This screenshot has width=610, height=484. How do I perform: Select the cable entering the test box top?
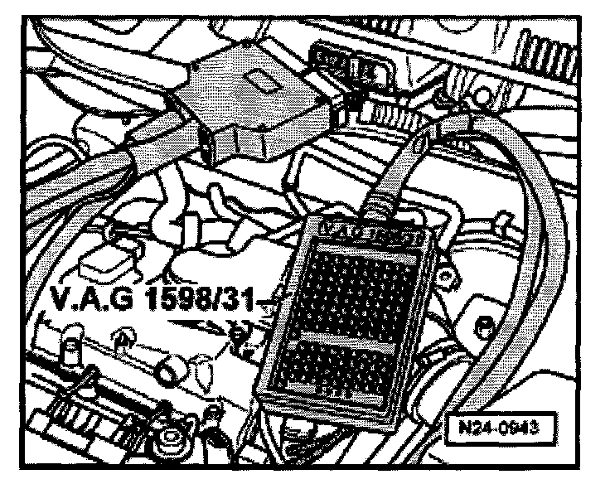coord(390,186)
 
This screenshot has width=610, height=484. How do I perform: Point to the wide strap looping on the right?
coord(530,249)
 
